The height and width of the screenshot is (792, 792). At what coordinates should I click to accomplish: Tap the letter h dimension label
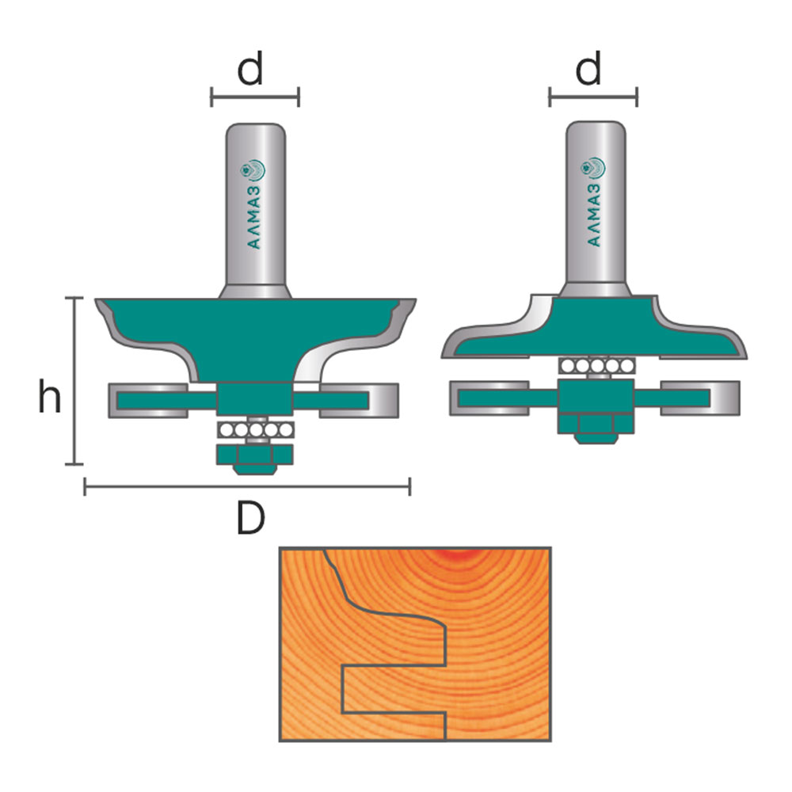(49, 397)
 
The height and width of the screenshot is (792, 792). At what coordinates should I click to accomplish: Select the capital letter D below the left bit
(250, 519)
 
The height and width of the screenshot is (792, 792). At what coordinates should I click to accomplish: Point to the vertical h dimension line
(74, 381)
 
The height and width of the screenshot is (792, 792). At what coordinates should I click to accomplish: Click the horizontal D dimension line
(247, 487)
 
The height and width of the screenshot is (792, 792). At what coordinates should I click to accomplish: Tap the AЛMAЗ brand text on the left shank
(255, 218)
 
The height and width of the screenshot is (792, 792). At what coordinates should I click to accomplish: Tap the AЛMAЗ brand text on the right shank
(596, 215)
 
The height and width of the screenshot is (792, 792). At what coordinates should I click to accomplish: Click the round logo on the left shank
(253, 170)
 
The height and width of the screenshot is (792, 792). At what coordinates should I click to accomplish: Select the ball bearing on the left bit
(256, 430)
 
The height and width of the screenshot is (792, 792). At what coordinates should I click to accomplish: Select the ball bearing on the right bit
(596, 365)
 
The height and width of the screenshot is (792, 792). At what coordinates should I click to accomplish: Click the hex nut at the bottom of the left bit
(255, 459)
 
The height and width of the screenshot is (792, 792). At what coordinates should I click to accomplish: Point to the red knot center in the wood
(457, 554)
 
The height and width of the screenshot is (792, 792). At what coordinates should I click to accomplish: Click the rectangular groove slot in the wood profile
(394, 689)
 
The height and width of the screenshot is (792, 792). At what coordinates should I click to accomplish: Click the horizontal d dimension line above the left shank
(255, 97)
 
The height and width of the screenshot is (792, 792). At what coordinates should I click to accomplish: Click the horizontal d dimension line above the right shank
(593, 97)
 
